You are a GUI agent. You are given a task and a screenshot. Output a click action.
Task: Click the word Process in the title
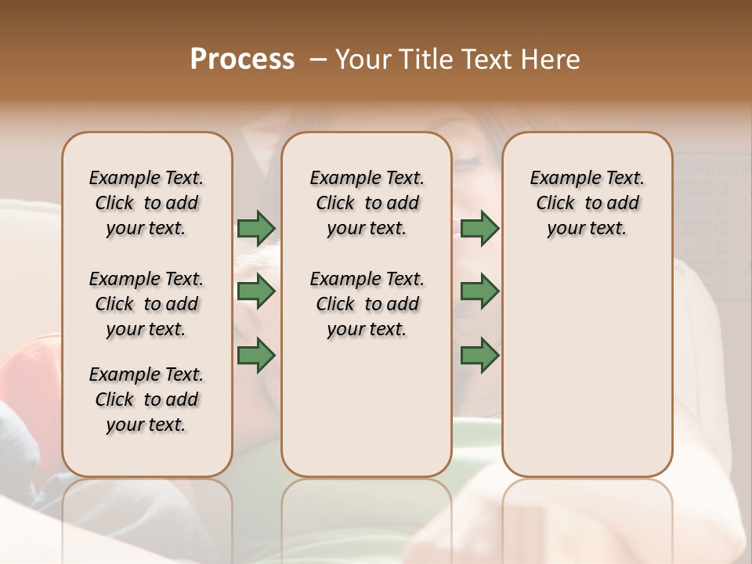click(242, 60)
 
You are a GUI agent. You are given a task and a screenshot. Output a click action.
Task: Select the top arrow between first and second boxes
click(256, 228)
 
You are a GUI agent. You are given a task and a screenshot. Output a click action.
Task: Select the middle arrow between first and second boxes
click(256, 291)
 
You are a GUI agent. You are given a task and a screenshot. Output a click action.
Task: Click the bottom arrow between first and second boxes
click(256, 355)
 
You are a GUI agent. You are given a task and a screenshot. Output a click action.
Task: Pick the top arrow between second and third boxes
click(479, 228)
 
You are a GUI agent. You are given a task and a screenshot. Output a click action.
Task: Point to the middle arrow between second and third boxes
click(479, 291)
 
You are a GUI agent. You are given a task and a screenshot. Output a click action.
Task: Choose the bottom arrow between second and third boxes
click(479, 355)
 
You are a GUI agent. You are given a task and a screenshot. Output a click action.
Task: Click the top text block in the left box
click(146, 203)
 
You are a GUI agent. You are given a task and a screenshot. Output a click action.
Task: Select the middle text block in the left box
click(146, 304)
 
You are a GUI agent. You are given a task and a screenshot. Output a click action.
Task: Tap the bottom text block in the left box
click(146, 399)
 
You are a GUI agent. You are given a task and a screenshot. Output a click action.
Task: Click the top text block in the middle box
click(367, 203)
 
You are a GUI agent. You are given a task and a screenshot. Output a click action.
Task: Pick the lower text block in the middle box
click(367, 304)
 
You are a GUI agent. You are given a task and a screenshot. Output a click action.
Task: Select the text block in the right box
click(587, 203)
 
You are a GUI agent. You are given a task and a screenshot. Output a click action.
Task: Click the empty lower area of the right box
click(587, 368)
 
